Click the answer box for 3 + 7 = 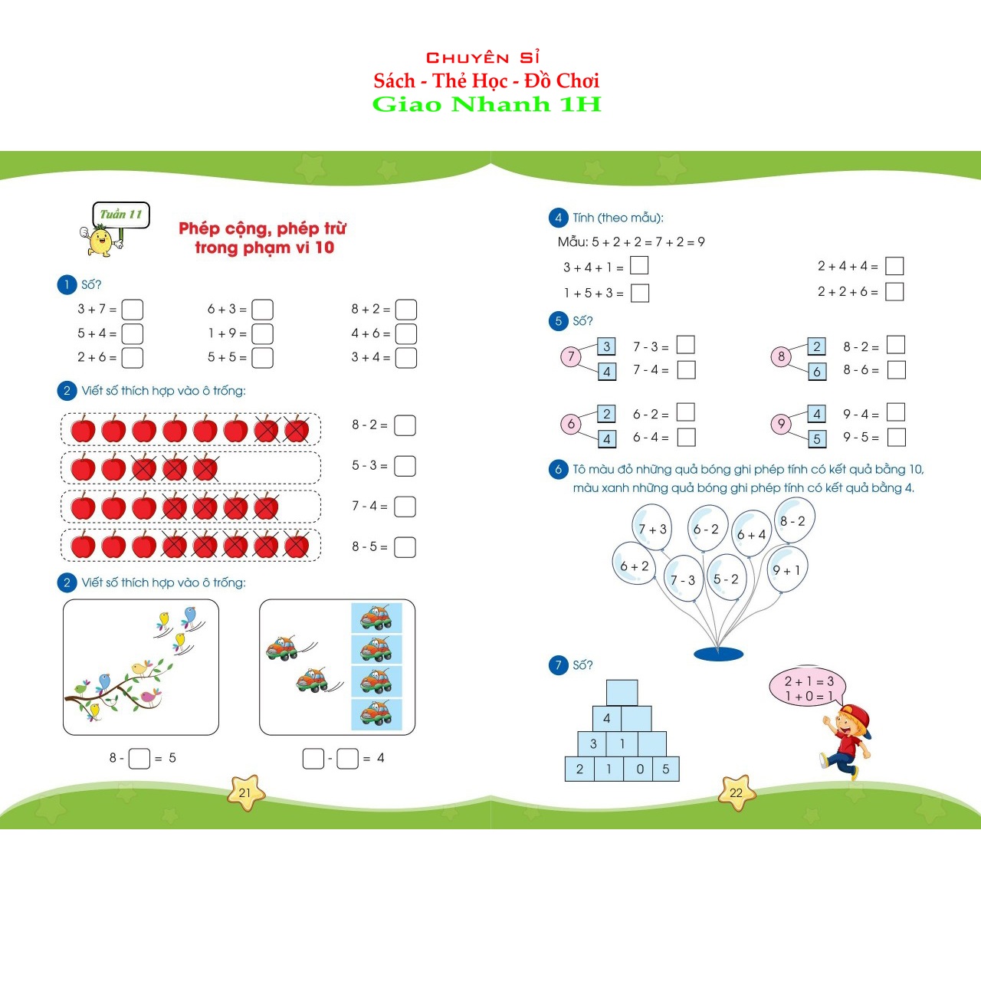[x=133, y=310]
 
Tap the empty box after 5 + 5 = [x=263, y=358]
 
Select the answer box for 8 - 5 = [x=405, y=547]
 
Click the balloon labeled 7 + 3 [x=652, y=528]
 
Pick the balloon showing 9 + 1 [x=787, y=569]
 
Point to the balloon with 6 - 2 [x=707, y=528]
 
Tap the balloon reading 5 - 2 [x=726, y=579]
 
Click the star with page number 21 [x=245, y=792]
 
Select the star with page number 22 [x=737, y=792]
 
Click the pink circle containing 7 [x=571, y=356]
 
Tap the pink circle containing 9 [x=781, y=424]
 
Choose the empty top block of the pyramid [x=622, y=692]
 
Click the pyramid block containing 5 [x=666, y=769]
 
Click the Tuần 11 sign [x=121, y=215]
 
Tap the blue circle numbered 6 [x=558, y=469]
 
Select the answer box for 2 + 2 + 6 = [x=894, y=292]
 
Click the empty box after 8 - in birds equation [x=139, y=759]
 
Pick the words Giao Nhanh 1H [x=487, y=104]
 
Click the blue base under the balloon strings [x=718, y=654]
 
